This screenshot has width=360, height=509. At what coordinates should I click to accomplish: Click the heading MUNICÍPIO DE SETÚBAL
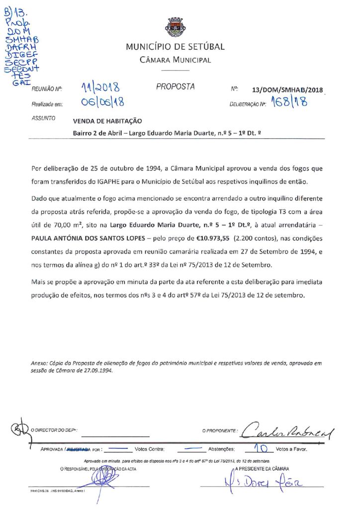[x=175, y=47]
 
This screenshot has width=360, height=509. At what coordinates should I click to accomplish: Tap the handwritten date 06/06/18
[x=101, y=102]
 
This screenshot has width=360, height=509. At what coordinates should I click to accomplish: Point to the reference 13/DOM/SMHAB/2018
[x=287, y=90]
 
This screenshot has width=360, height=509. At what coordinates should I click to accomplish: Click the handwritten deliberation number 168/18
[x=289, y=103]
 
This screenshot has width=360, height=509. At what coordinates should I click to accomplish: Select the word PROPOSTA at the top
[x=175, y=86]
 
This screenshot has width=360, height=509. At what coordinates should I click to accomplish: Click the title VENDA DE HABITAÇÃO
[x=107, y=121]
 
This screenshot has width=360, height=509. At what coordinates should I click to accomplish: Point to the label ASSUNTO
[x=43, y=119]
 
